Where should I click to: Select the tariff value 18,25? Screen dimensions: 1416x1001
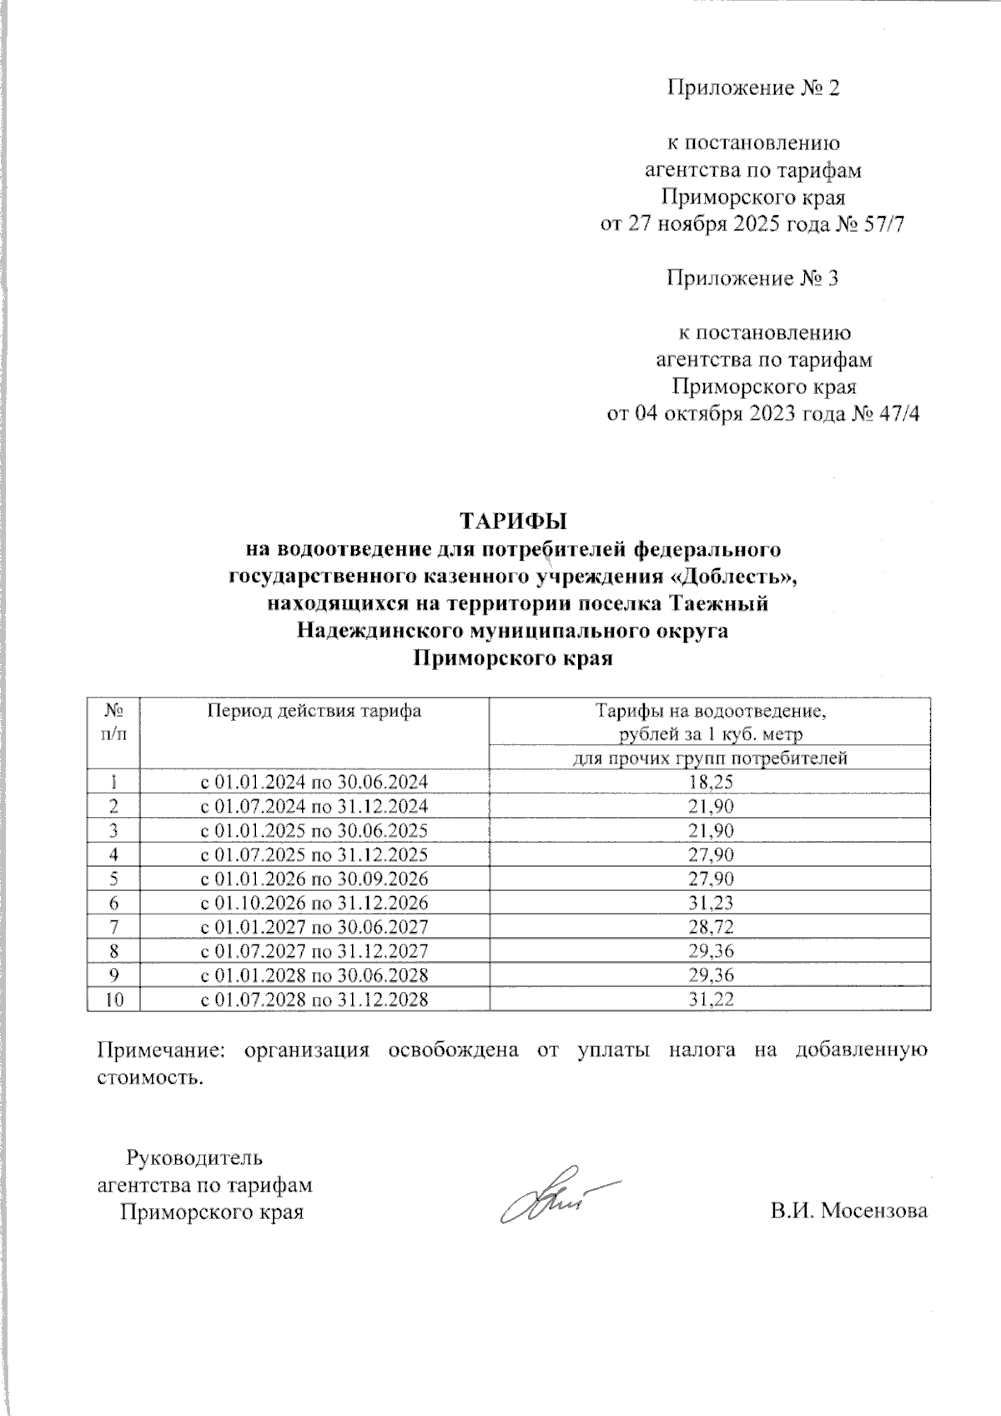709,782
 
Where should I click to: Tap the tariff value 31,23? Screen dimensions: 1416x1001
709,903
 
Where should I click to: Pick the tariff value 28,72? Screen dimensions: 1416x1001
709,927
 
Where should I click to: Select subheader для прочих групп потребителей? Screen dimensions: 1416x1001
709,758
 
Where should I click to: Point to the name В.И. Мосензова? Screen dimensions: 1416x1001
848,1211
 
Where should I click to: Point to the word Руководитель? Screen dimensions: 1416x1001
194,1158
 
